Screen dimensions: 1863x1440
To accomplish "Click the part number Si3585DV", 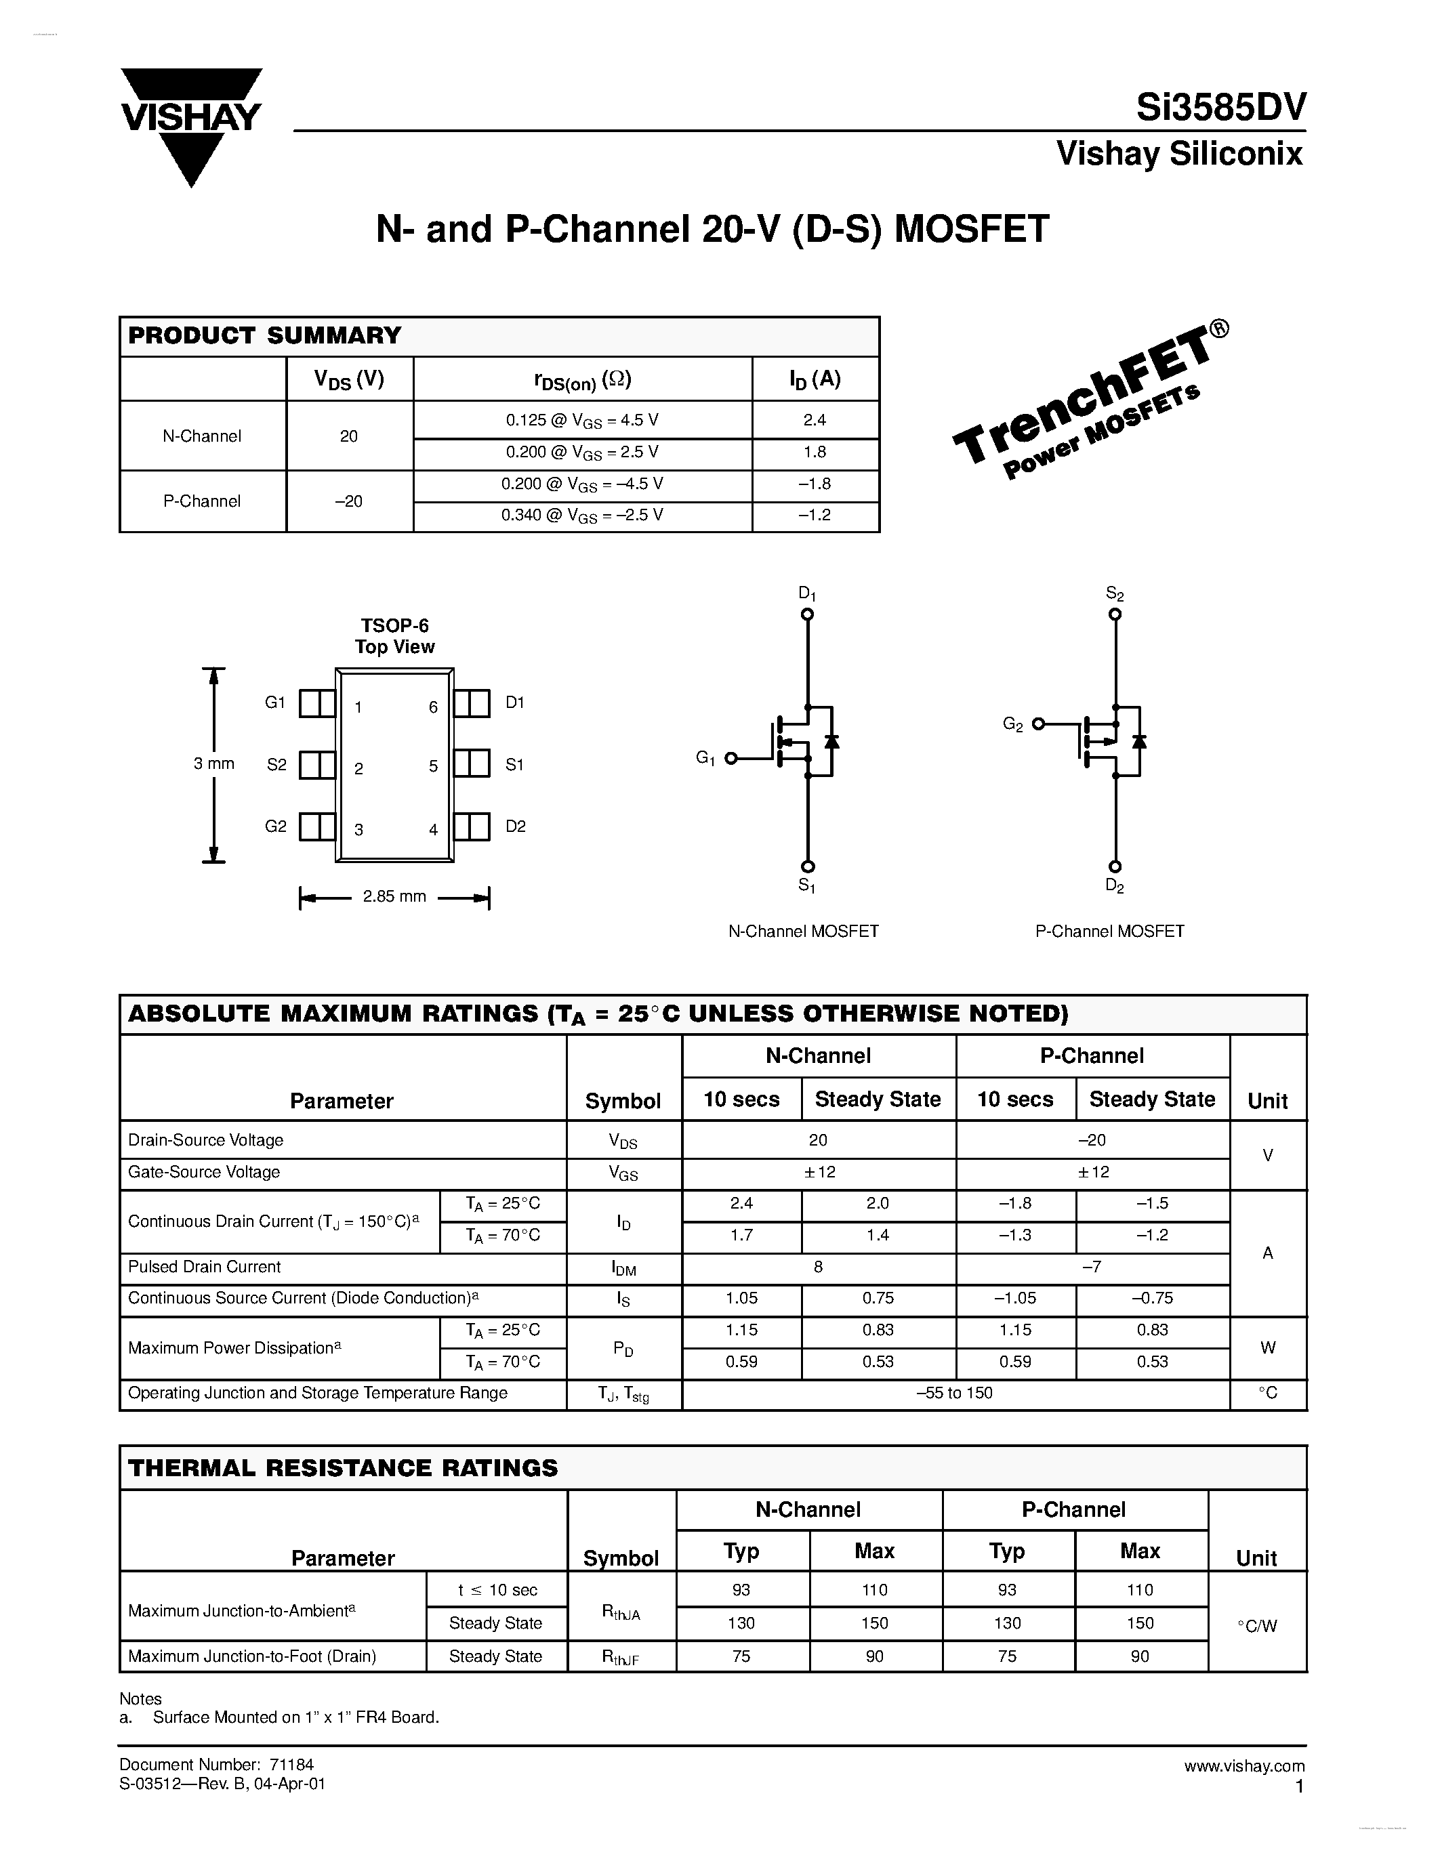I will coord(1220,108).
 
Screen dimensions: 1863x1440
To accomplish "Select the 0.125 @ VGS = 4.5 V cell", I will coord(582,421).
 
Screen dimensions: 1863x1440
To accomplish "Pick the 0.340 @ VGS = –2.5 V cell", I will coord(582,516).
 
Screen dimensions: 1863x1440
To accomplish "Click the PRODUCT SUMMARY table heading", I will coord(264,335).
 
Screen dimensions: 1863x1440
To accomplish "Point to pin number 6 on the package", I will coord(434,707).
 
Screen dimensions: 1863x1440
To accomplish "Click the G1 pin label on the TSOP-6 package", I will coord(274,702).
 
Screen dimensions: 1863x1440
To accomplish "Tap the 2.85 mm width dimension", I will coord(394,896).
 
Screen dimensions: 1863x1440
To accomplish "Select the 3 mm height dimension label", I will coord(214,763).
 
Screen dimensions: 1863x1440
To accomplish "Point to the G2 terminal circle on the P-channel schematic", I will coord(1038,724).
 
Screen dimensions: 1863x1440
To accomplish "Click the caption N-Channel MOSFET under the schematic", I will coord(803,931).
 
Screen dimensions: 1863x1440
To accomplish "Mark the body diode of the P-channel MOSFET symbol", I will coord(1138,740).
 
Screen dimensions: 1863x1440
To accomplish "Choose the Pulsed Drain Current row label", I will coord(205,1267).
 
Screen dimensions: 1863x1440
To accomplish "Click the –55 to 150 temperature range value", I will coord(955,1393).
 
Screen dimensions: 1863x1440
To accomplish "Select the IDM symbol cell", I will coord(623,1268).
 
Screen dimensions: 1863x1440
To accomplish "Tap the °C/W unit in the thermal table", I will coord(1258,1625).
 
